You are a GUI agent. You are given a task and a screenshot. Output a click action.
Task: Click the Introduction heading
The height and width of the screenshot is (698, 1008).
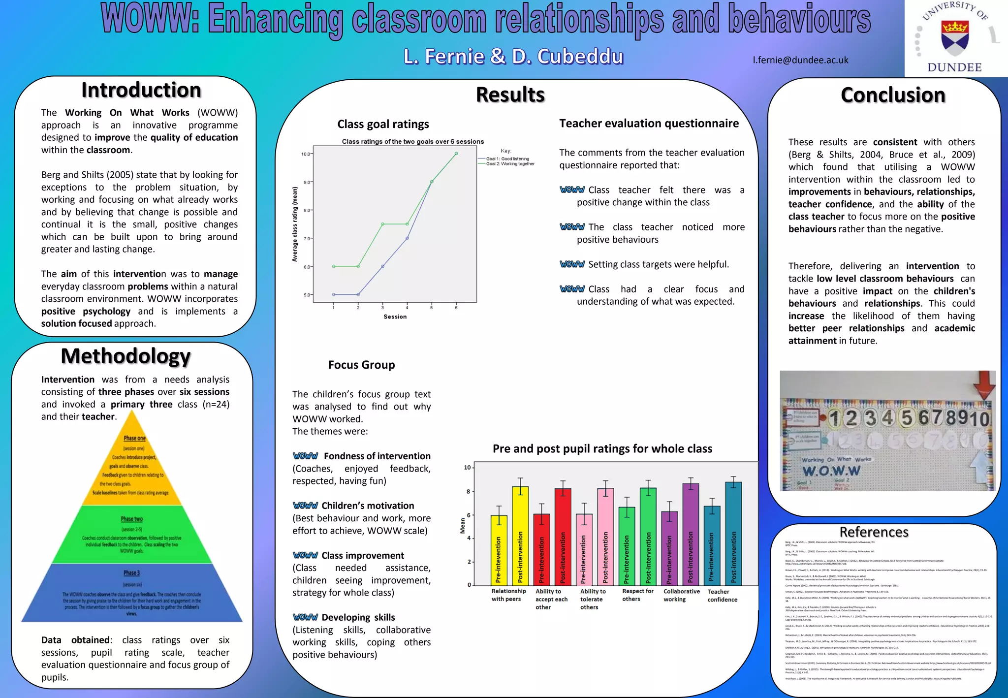141,91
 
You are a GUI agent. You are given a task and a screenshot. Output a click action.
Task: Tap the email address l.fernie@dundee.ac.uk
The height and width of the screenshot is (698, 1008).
800,60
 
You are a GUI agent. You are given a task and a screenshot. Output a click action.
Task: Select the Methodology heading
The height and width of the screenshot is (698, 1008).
126,356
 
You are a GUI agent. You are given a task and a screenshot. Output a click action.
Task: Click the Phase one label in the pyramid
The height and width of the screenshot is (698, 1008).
134,438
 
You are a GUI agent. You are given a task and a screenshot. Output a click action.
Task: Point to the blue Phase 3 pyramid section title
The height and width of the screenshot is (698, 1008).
131,573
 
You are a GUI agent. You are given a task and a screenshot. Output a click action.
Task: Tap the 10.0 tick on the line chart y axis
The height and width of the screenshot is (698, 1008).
306,154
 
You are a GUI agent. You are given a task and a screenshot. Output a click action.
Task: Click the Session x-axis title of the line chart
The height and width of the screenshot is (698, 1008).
395,317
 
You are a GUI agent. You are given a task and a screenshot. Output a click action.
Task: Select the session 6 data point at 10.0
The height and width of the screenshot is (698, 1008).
456,154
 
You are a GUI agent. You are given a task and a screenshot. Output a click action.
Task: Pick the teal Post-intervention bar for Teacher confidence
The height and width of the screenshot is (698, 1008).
733,534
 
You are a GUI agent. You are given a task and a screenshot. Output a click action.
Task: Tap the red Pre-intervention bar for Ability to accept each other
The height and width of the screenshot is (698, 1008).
541,549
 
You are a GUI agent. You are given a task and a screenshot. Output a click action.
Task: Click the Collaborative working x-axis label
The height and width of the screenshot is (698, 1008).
681,595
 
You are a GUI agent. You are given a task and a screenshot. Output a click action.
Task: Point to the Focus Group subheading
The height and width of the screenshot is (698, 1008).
361,365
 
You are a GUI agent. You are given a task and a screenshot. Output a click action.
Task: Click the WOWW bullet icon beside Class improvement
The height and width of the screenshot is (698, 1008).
305,555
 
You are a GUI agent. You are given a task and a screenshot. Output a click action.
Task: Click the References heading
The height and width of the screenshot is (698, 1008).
874,532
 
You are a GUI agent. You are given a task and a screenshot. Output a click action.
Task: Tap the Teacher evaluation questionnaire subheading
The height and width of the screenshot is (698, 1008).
649,124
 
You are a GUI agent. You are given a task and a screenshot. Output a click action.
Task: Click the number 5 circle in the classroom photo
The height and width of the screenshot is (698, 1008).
907,418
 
